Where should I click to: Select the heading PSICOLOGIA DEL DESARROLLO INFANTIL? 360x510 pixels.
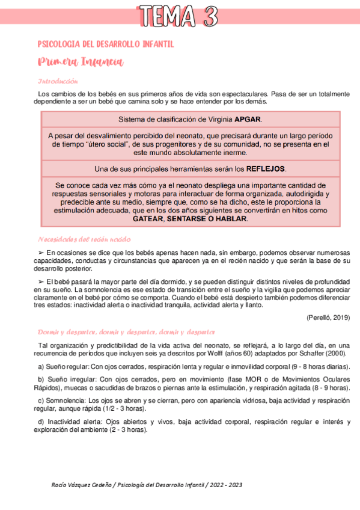(x=106, y=45)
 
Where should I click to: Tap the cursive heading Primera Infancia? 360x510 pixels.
(x=80, y=62)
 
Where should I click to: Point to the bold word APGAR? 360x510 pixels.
(x=248, y=118)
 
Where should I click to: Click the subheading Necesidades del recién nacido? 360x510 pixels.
(x=84, y=239)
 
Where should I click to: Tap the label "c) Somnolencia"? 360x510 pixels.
(x=62, y=400)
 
